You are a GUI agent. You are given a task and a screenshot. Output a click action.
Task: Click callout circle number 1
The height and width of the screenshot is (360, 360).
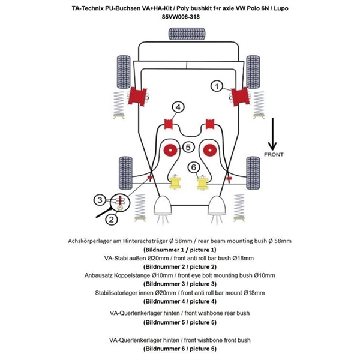coord(216,86)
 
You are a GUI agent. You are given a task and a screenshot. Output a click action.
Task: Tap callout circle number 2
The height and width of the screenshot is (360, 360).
coord(110,220)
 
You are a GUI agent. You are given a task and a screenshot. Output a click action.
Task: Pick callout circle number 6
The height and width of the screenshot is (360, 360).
coord(194,167)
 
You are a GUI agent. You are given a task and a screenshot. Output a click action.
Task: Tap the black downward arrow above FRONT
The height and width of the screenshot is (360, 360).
coord(272,134)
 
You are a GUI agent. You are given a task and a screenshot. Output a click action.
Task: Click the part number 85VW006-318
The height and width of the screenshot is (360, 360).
coord(180,17)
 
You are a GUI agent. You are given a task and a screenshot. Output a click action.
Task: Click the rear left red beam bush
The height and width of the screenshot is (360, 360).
coord(143,94)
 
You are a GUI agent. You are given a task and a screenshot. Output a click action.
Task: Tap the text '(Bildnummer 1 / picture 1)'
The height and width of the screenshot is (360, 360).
coord(180,249)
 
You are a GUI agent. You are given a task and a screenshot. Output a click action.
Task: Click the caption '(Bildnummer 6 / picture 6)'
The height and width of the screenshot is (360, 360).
coord(180,349)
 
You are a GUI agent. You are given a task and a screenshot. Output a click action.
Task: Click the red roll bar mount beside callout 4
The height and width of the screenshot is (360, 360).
coord(169,125)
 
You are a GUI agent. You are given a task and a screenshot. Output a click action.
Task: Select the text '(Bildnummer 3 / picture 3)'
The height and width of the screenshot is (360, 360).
coord(180,283)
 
